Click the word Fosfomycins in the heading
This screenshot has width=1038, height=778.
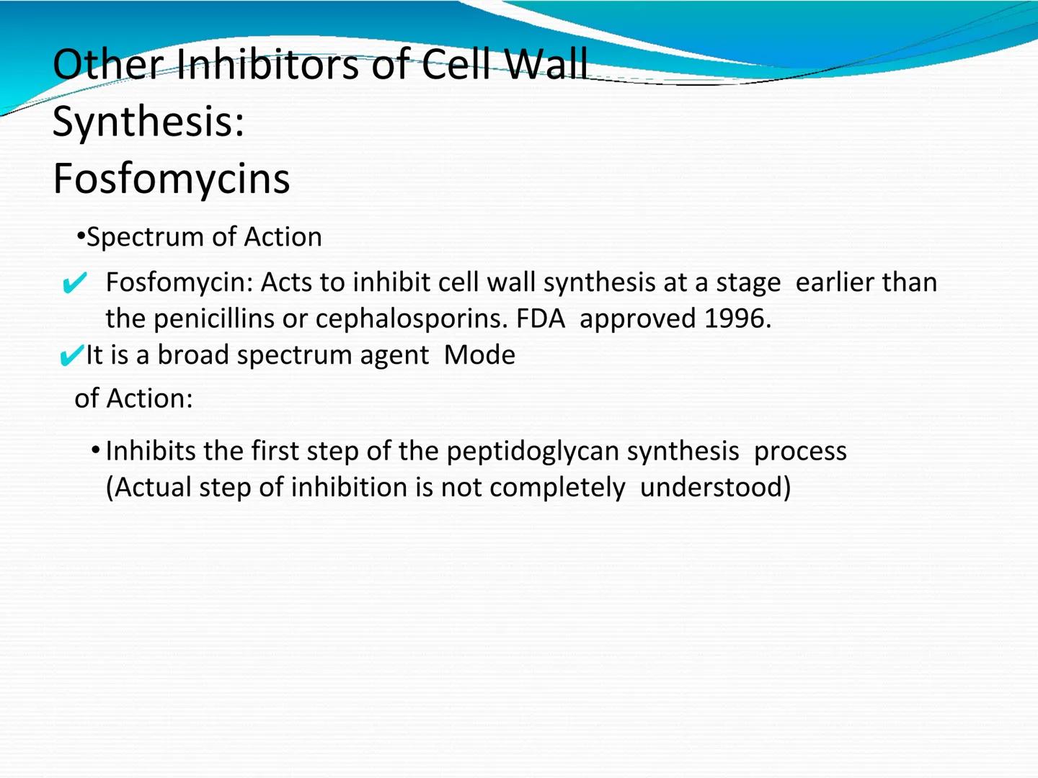pyautogui.click(x=171, y=179)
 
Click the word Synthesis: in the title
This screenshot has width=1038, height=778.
pyautogui.click(x=148, y=121)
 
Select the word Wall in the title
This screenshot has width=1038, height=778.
pyautogui.click(x=546, y=65)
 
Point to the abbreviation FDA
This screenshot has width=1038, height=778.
pyautogui.click(x=540, y=318)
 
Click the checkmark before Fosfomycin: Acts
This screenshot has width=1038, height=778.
pyautogui.click(x=74, y=283)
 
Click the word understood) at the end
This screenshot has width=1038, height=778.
pyautogui.click(x=715, y=488)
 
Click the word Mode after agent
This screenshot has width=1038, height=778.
pyautogui.click(x=479, y=355)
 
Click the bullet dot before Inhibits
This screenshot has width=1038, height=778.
pyautogui.click(x=96, y=451)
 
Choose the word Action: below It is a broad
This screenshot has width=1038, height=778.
pyautogui.click(x=149, y=398)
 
